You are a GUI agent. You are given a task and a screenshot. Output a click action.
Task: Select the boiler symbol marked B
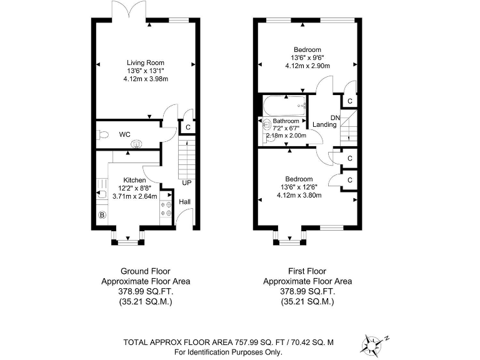point(102,216)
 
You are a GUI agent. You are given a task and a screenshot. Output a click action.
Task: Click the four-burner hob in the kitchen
point(167,207)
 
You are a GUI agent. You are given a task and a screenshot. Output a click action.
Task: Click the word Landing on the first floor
point(324,125)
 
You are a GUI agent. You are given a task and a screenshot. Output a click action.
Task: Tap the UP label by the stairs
point(186,183)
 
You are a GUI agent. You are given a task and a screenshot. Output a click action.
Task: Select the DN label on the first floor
point(335,117)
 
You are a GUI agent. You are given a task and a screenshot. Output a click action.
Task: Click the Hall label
point(186,202)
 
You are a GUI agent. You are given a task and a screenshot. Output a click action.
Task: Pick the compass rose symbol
point(374,342)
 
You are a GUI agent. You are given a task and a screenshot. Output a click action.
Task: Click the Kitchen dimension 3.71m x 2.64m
point(134,195)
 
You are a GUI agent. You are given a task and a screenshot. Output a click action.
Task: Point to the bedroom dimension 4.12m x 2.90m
point(307,66)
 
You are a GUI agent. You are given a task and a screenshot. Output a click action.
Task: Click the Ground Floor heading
point(145,271)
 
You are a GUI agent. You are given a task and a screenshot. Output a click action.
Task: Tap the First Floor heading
point(307,271)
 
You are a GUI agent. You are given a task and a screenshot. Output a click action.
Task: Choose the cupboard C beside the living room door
point(187,127)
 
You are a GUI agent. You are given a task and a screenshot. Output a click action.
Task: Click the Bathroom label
point(286,121)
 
